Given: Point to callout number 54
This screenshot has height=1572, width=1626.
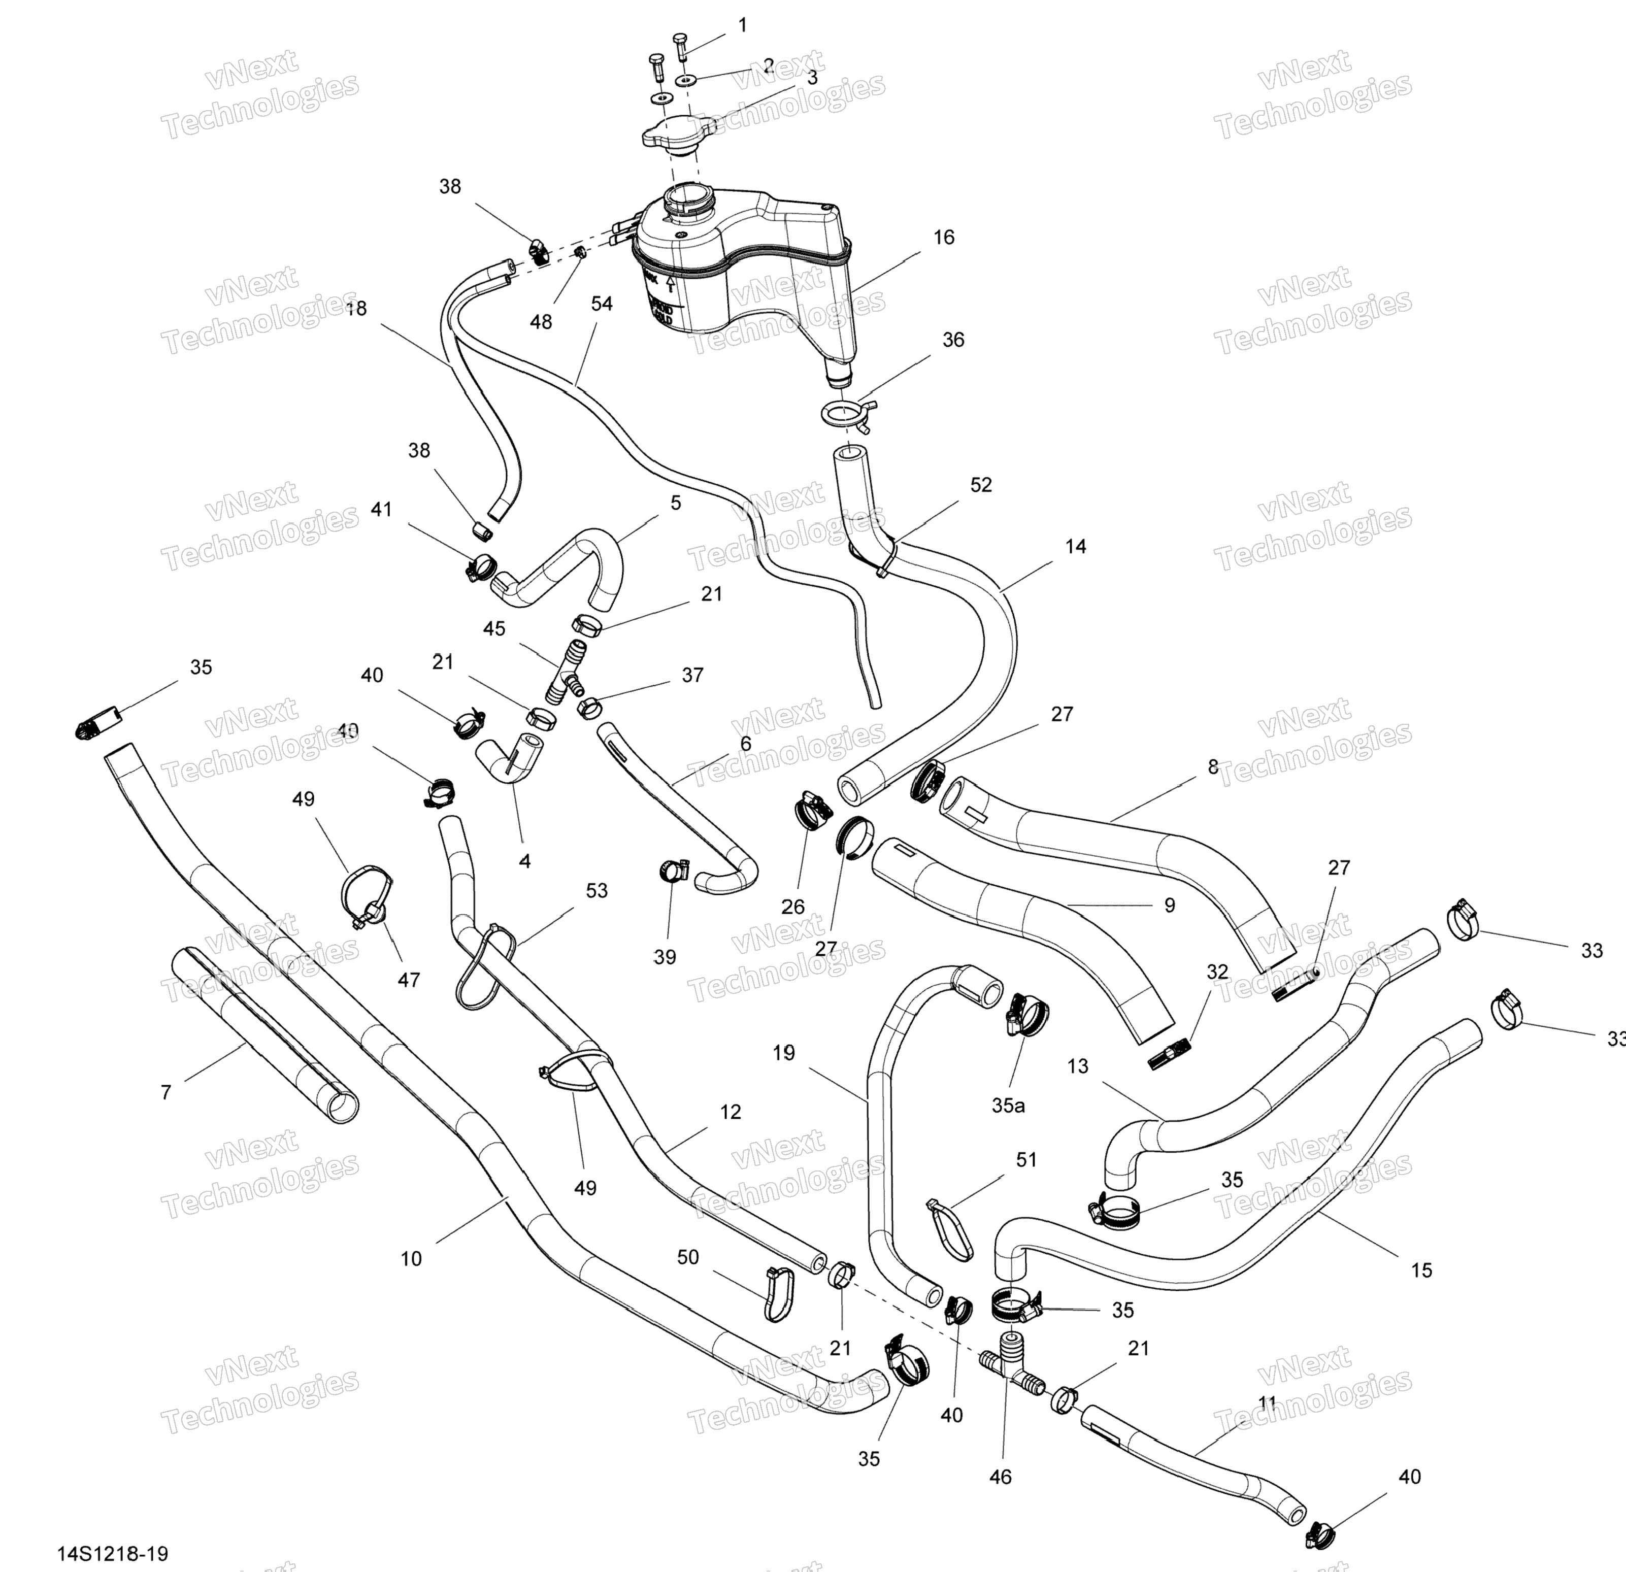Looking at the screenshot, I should pyautogui.click(x=602, y=305).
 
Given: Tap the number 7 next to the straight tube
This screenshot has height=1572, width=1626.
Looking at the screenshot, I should pyautogui.click(x=166, y=1092).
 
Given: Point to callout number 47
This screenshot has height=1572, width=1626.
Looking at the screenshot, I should pyautogui.click(x=408, y=980).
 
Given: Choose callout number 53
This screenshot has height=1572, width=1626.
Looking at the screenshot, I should pyautogui.click(x=596, y=890).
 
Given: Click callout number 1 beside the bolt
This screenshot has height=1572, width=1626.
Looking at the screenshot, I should pyautogui.click(x=743, y=26).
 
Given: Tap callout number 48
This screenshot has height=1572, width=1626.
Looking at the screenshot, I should pyautogui.click(x=540, y=322).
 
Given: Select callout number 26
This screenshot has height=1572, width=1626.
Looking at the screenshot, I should pyautogui.click(x=793, y=907).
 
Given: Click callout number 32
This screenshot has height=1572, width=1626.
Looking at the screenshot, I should pyautogui.click(x=1217, y=972).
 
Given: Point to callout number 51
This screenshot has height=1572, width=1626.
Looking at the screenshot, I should pyautogui.click(x=1026, y=1160).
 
